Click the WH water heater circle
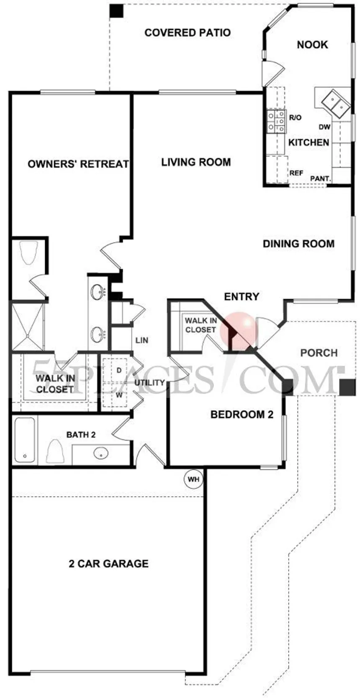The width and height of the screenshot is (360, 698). click(x=193, y=479)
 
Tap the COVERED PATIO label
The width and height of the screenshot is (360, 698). click(x=188, y=32)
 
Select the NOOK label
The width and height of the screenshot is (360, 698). click(x=312, y=44)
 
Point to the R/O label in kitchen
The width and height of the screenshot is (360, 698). click(x=295, y=118)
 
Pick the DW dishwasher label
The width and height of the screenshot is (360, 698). click(x=324, y=127)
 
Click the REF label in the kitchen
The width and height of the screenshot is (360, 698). click(x=296, y=173)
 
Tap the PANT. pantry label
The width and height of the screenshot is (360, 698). click(x=321, y=179)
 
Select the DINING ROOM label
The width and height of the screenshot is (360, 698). click(x=298, y=244)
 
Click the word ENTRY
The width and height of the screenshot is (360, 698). click(x=242, y=296)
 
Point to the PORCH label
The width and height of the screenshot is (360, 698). click(x=319, y=353)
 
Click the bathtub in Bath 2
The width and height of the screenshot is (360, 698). click(x=25, y=440)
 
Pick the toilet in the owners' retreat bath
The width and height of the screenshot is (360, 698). click(x=28, y=253)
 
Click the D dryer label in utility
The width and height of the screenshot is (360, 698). click(x=118, y=371)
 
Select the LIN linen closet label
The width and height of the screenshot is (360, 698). click(x=141, y=340)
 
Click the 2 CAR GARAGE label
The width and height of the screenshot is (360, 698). click(x=108, y=564)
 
